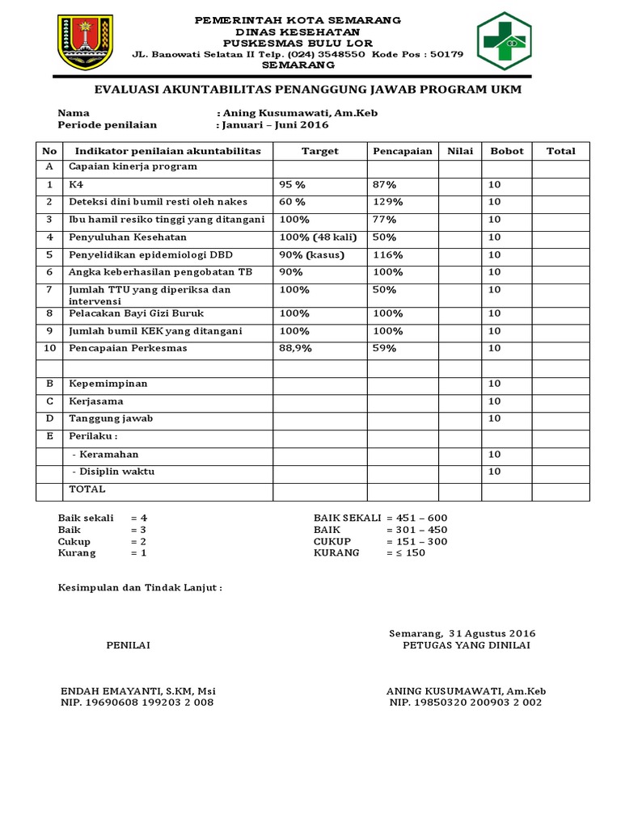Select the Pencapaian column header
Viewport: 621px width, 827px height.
[x=401, y=151]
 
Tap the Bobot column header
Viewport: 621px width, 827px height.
[x=506, y=151]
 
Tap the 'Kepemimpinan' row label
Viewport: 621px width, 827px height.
[x=108, y=384]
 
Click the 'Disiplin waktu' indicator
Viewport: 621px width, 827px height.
[x=113, y=472]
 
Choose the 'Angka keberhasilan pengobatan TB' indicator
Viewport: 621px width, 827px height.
[x=158, y=272]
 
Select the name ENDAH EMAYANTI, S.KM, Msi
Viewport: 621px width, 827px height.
[x=138, y=691]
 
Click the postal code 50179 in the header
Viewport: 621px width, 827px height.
[x=447, y=54]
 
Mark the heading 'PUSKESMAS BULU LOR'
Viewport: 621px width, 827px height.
[x=298, y=43]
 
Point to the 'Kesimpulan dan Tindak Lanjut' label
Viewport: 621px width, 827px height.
[x=139, y=588]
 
